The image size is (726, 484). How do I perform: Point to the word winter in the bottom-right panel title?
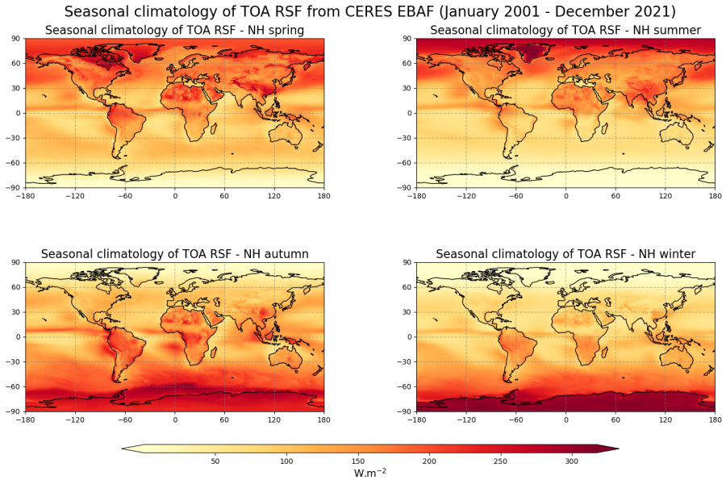675,254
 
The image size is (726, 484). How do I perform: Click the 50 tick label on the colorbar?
215,461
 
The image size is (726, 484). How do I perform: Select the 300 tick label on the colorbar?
571,461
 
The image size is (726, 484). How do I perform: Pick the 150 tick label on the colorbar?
357,461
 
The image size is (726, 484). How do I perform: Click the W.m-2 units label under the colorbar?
370,474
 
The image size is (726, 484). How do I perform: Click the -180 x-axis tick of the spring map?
25,196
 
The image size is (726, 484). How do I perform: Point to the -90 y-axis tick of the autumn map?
16,411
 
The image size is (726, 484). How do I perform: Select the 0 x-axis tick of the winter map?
565,419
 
